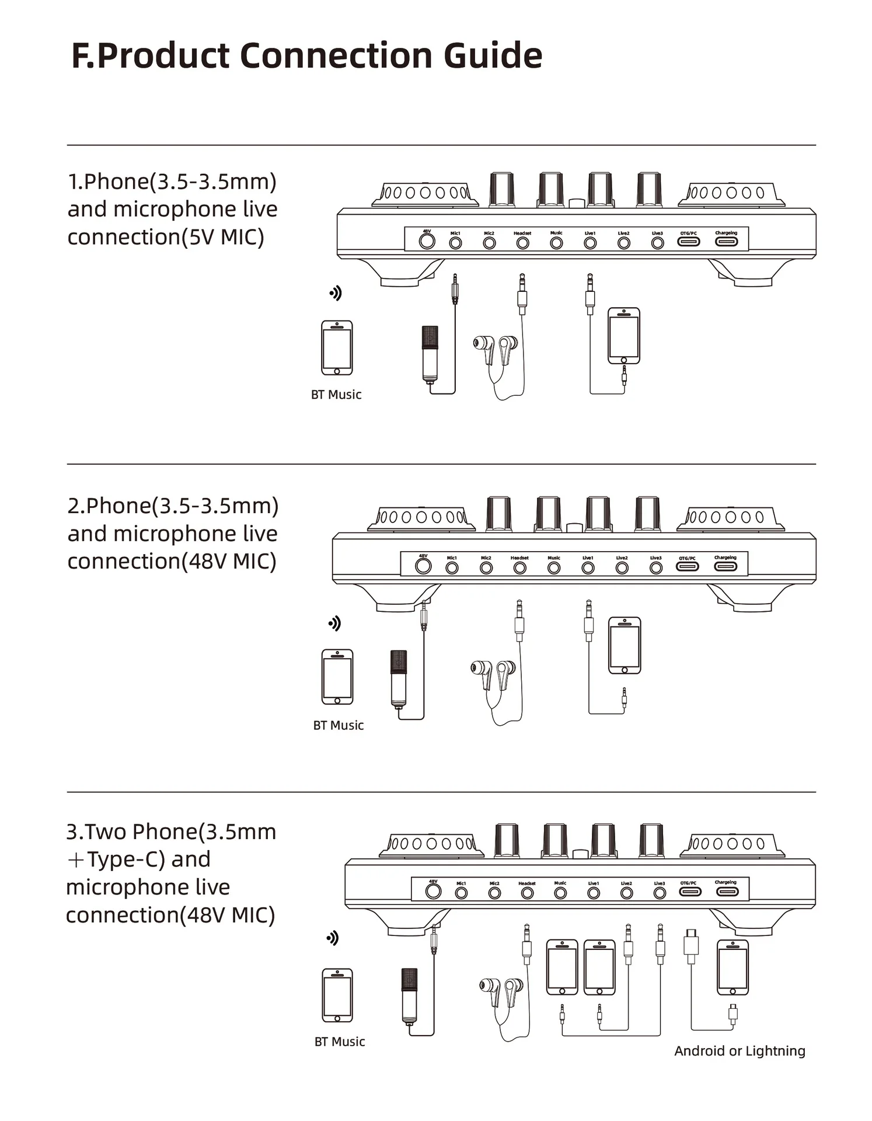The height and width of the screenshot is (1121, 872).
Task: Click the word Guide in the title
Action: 493,56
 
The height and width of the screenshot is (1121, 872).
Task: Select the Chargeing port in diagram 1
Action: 726,241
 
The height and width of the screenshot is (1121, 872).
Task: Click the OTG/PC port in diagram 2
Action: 687,566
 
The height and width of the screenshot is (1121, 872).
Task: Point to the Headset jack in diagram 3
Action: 527,893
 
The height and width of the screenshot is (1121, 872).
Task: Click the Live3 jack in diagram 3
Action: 660,893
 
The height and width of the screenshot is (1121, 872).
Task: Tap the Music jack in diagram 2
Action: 554,568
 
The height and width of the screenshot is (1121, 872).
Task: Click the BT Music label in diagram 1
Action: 336,395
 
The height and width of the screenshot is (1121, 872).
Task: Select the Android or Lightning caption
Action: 740,1051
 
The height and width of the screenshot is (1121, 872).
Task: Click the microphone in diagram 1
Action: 430,353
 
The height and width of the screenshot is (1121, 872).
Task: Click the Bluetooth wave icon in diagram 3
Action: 333,938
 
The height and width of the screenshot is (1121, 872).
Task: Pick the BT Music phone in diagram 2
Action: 337,677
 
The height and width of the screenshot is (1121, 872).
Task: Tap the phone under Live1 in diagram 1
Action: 624,336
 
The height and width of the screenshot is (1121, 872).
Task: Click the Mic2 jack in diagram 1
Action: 489,243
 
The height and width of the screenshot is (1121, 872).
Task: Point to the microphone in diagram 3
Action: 409,995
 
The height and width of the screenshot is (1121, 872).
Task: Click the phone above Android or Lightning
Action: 733,967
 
